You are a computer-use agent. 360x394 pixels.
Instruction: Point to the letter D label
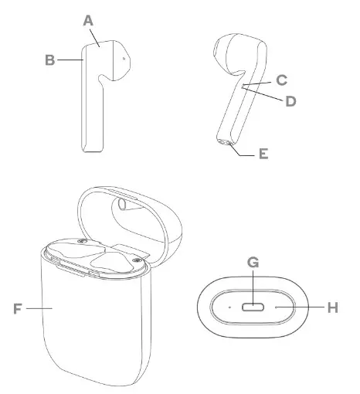(291, 101)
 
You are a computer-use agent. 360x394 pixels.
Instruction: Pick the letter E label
(263, 154)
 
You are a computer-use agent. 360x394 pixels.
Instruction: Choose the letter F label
(19, 308)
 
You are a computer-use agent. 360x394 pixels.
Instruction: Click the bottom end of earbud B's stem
(92, 150)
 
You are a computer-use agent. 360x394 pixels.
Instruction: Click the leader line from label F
(39, 308)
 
